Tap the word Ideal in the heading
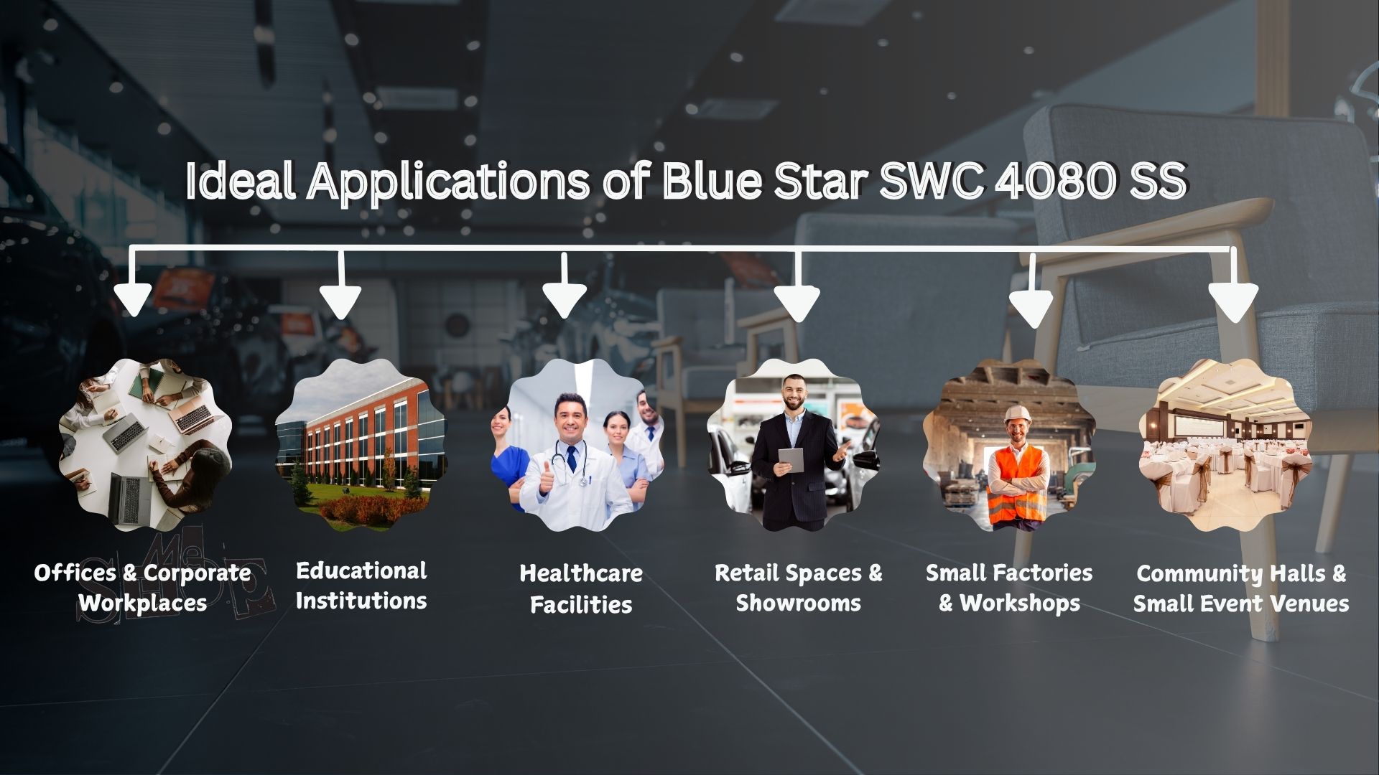pos(240,181)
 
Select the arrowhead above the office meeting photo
pos(133,299)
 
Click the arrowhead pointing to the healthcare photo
pos(564,300)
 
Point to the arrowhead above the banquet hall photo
pos(1233,301)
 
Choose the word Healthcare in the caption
pos(581,573)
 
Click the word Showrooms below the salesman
pos(798,603)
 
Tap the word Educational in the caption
pos(361,571)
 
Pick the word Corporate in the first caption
pos(198,573)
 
